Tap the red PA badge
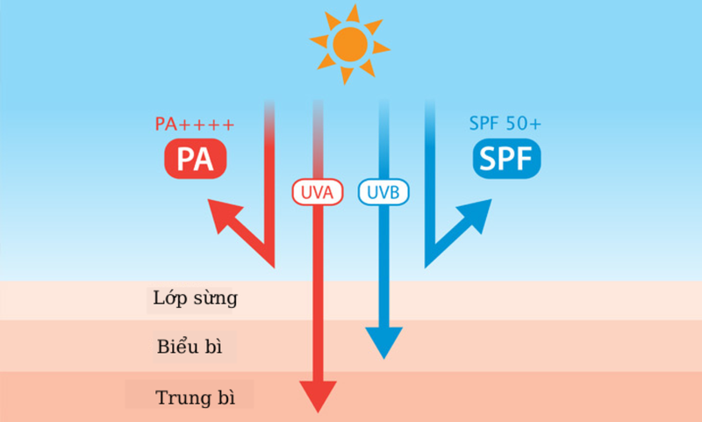(195, 159)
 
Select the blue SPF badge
(506, 159)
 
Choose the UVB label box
(383, 192)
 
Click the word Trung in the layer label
(175, 395)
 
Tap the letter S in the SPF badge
(486, 159)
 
